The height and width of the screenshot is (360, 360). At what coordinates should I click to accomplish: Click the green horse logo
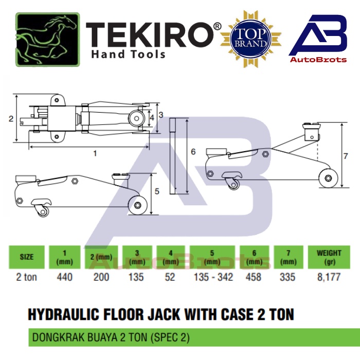coord(48,40)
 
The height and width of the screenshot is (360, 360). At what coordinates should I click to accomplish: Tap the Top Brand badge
coord(251,39)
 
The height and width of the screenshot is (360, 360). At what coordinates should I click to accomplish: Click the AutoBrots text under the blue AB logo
coord(318,60)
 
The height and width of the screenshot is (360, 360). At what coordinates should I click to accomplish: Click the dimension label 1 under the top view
coord(95,153)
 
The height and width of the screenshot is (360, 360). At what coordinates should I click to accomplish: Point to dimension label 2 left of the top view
coord(11,119)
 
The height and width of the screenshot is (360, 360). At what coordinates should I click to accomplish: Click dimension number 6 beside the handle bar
coord(193,152)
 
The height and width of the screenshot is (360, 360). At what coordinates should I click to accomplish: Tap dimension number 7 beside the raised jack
coord(346,156)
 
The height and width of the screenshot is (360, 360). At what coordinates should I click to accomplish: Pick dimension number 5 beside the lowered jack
coord(157,191)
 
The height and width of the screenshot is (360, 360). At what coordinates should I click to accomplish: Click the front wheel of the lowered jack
coord(138,205)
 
